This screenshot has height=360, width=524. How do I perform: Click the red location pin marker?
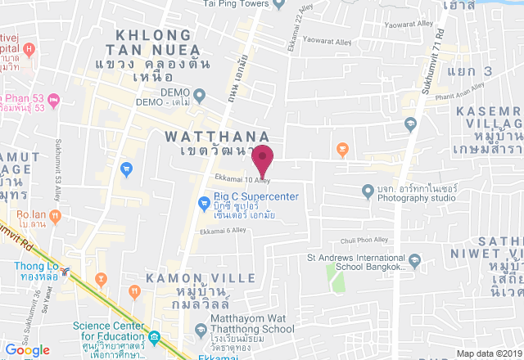click(x=262, y=156)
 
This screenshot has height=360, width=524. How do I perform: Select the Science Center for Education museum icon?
click(x=154, y=337)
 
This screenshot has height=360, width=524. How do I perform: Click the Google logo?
click(x=27, y=349)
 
